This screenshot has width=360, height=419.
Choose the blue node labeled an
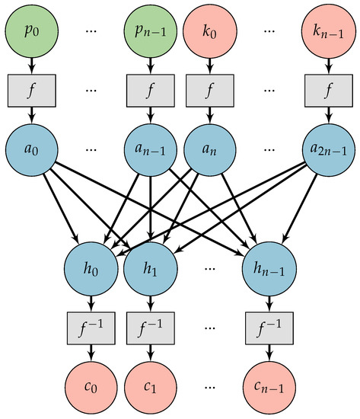(x=210, y=147)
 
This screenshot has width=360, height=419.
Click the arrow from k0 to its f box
(x=210, y=64)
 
